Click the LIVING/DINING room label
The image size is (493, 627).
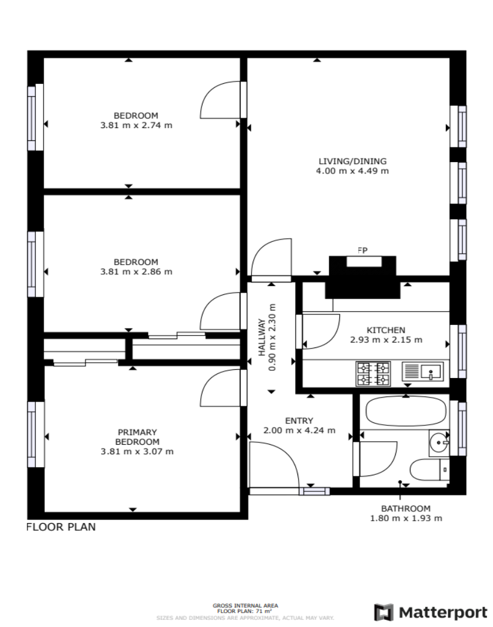[352, 161]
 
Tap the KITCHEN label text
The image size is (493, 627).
[386, 330]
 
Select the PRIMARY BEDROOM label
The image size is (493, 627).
[137, 437]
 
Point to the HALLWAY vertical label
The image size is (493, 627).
[262, 337]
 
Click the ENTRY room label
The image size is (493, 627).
[299, 421]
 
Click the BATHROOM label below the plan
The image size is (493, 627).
[406, 508]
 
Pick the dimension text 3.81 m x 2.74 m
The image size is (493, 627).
[136, 125]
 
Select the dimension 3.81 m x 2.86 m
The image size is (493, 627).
[136, 271]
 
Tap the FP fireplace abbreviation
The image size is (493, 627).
[362, 250]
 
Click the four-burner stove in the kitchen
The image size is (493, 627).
[373, 373]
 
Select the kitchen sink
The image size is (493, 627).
[423, 372]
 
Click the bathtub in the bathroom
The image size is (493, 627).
[406, 411]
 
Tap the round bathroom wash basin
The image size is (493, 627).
[439, 442]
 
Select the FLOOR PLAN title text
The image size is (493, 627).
[61, 527]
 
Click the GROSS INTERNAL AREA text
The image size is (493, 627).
[245, 606]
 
